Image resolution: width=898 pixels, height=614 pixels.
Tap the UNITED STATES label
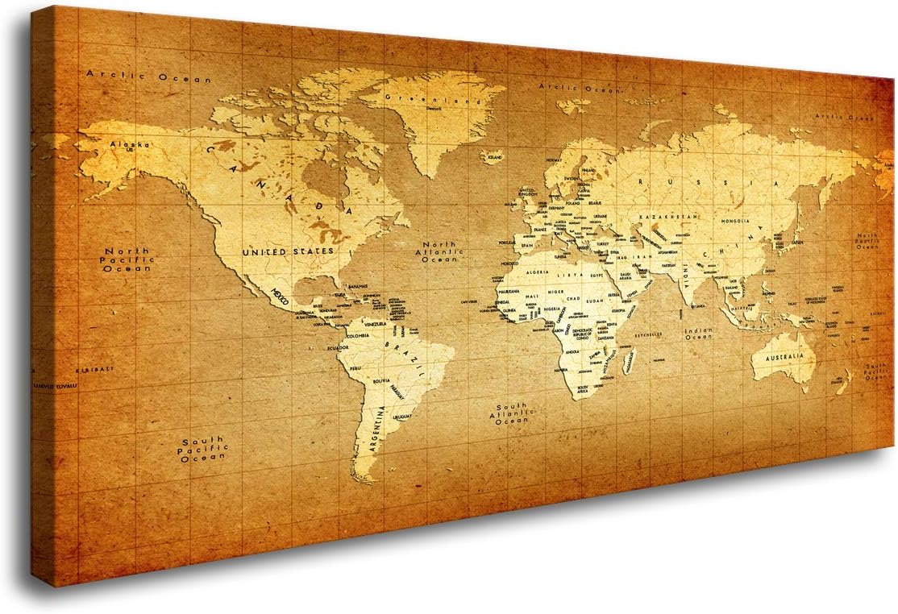(x=288, y=252)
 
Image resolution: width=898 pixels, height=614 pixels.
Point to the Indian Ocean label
(x=698, y=335)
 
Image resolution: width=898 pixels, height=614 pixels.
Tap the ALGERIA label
(x=539, y=272)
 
